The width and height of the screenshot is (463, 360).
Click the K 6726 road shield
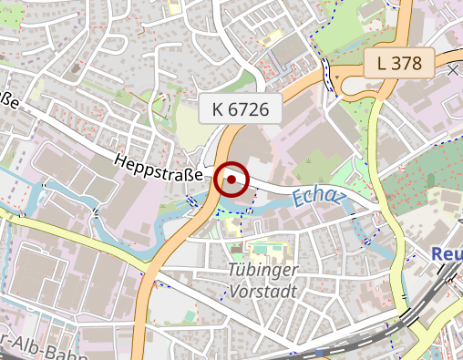pos(240,109)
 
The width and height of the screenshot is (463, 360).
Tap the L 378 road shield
pos(398,63)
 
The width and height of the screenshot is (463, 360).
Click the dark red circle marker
pos(231,179)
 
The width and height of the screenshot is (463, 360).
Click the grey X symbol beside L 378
pos(453,69)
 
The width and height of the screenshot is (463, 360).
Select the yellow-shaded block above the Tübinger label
pos(264,247)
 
